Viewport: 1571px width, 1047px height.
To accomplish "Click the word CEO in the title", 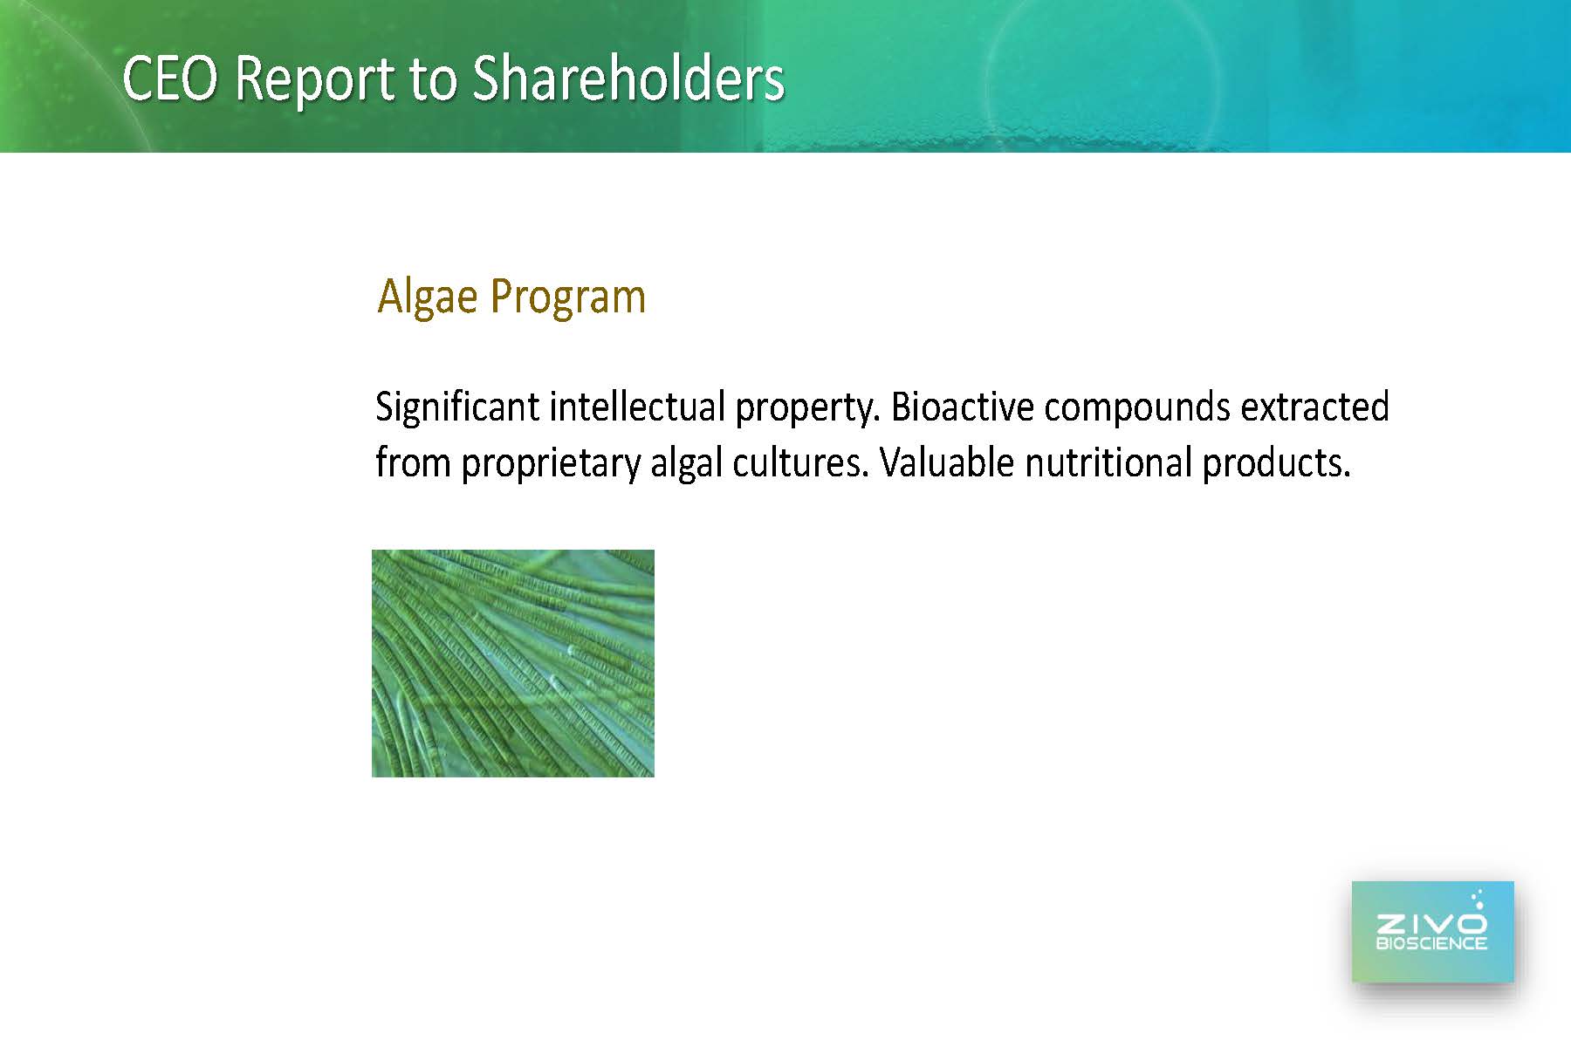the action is [x=170, y=79].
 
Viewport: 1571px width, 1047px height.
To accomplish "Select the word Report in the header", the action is [x=316, y=80].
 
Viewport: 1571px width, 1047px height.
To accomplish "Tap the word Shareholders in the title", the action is [x=628, y=79].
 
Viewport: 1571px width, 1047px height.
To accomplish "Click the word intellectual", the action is [x=637, y=407].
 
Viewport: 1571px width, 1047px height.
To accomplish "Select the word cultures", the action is [x=800, y=462].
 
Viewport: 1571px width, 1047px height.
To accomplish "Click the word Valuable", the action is [x=947, y=462].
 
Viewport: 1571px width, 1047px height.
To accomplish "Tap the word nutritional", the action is [x=1108, y=462].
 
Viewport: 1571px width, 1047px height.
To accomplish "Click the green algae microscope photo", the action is [x=513, y=663].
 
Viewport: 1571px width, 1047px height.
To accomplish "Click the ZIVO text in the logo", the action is [x=1431, y=923].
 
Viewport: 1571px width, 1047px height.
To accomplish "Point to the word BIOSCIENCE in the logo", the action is [x=1431, y=943].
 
